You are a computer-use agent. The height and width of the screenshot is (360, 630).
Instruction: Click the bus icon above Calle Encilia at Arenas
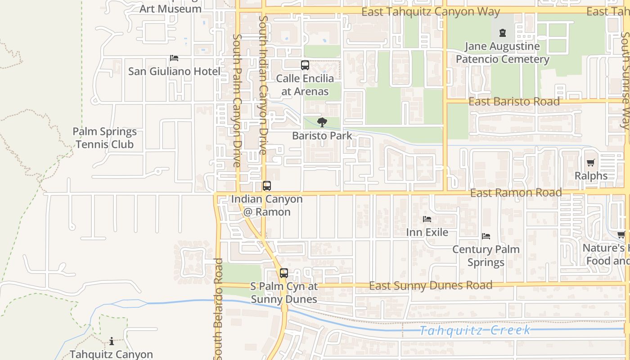pyautogui.click(x=305, y=65)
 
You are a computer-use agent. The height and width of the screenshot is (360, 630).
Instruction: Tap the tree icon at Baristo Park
pyautogui.click(x=322, y=122)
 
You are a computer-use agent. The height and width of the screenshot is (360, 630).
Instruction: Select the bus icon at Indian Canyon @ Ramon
pyautogui.click(x=267, y=186)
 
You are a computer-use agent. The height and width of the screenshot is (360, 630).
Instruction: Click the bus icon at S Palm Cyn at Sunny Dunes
pyautogui.click(x=284, y=273)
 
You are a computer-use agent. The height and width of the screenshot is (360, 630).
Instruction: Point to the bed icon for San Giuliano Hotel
pyautogui.click(x=174, y=58)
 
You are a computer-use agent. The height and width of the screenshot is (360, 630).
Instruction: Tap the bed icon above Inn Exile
pyautogui.click(x=427, y=219)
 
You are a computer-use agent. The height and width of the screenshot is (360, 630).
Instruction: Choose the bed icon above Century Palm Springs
pyautogui.click(x=486, y=236)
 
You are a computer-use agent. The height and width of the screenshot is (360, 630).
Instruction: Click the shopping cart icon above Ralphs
pyautogui.click(x=591, y=163)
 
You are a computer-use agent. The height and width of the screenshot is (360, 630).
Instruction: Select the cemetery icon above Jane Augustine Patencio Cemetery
pyautogui.click(x=502, y=33)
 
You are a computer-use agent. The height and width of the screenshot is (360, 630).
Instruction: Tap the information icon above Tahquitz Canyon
pyautogui.click(x=112, y=342)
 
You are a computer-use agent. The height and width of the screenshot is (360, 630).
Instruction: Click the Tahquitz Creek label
pyautogui.click(x=475, y=331)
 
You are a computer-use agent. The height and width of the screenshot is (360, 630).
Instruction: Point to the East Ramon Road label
pyautogui.click(x=516, y=193)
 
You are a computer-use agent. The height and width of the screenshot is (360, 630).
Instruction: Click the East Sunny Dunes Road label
pyautogui.click(x=431, y=286)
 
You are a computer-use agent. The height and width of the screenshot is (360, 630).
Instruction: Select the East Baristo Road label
pyautogui.click(x=514, y=102)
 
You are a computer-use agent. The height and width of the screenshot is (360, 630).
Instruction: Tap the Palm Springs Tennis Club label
pyautogui.click(x=105, y=138)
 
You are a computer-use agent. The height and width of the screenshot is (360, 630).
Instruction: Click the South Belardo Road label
pyautogui.click(x=219, y=310)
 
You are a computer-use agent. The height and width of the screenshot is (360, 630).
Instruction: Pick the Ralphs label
pyautogui.click(x=591, y=176)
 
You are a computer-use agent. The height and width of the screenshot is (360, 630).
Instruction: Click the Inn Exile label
pyautogui.click(x=427, y=232)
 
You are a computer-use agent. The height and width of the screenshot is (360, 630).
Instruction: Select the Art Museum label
pyautogui.click(x=171, y=9)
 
